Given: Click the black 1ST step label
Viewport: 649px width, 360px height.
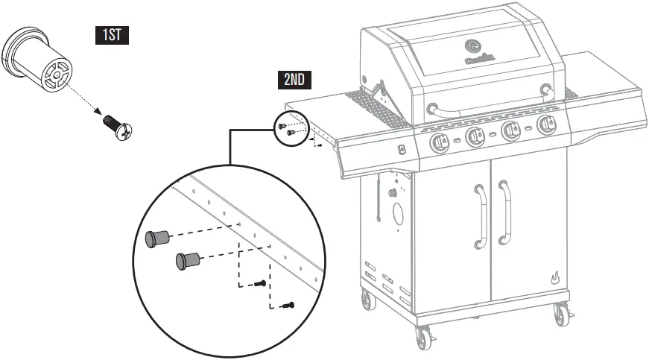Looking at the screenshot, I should coord(111,35).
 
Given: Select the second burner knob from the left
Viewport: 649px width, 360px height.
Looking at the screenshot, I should coord(475,136).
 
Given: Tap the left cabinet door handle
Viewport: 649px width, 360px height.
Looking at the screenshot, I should coord(479,217).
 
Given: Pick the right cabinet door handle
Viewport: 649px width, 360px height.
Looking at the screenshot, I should coord(506,212).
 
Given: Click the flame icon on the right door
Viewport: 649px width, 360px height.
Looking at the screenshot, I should coord(554,277).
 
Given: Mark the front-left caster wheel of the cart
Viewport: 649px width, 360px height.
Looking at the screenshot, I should coord(425,339).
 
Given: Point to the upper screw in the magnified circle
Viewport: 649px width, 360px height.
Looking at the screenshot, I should coord(259,283).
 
